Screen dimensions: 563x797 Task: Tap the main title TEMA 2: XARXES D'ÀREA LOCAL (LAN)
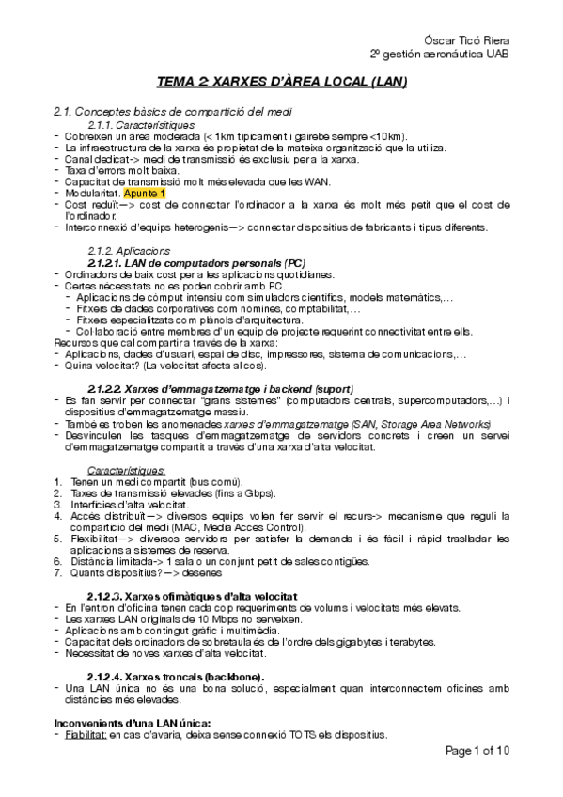coord(282,83)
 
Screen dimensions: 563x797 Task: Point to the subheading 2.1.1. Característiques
coord(141,124)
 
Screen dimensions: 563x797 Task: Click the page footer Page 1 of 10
coord(477,751)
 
